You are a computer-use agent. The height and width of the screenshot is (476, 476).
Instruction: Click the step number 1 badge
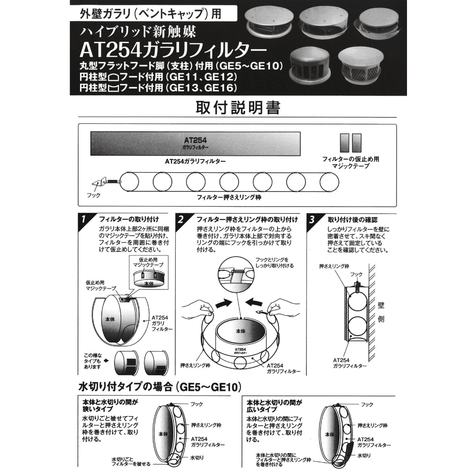tap(84, 219)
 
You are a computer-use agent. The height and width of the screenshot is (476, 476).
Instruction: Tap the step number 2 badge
tap(181, 219)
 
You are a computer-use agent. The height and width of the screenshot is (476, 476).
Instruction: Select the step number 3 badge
tap(312, 219)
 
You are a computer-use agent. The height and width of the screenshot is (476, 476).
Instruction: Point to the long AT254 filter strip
tap(195, 143)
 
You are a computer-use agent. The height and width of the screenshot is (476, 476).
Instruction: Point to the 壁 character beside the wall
tap(380, 305)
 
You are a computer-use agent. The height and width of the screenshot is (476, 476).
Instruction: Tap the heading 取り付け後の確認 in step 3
tap(352, 219)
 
